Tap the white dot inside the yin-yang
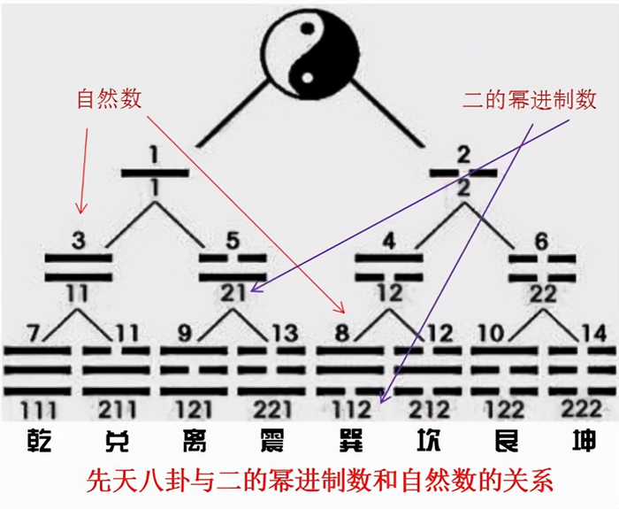pos(308,78)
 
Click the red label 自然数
pos(109,98)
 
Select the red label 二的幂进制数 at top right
pos(530,99)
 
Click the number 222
pos(582,409)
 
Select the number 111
pos(38,410)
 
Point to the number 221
pos(272,409)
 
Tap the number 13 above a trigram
pos(284,333)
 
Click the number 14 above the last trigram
pos(594,333)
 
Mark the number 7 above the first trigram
pos(34,333)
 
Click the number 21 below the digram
pos(233,294)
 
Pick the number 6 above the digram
pos(541,242)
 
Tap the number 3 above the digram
pos(79,240)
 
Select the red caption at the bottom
pos(319,480)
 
